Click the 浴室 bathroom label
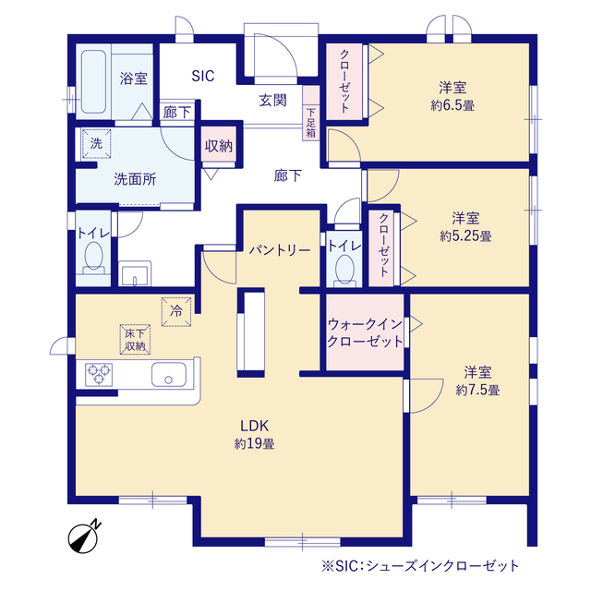pos(134,78)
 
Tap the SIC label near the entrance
pos(202,76)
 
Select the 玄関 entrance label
pos(271,100)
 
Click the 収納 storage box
pos(218,145)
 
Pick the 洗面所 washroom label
pos(135,179)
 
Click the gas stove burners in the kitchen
pos(98,375)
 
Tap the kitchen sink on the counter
pos(167,376)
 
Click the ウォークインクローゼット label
pos(366,332)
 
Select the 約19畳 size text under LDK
pos(254,443)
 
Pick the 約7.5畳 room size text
pos(477,390)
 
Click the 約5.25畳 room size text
pos(465,235)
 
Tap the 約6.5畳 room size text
pos(452,105)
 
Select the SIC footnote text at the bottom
pos(421,564)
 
